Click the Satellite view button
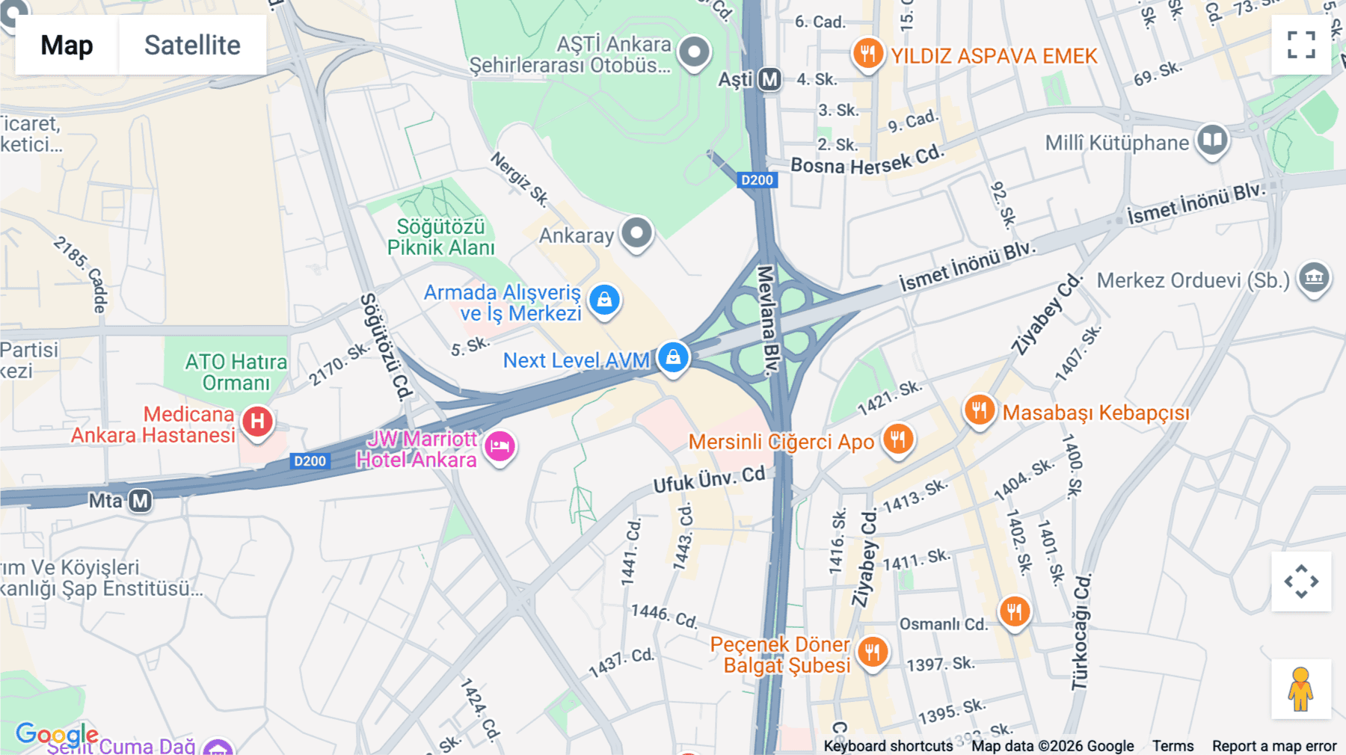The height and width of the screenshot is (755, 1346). click(192, 45)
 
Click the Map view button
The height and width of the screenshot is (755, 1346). click(67, 45)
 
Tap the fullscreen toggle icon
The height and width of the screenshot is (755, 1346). click(1301, 45)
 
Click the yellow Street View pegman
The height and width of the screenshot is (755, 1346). click(1300, 689)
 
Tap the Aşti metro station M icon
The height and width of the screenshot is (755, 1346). click(769, 79)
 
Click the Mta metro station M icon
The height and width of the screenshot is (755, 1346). click(140, 500)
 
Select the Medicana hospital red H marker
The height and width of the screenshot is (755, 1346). click(257, 422)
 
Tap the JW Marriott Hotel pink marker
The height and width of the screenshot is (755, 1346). click(500, 446)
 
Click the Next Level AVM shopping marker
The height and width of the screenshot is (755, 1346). click(673, 357)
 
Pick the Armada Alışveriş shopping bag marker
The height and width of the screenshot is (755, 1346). click(604, 300)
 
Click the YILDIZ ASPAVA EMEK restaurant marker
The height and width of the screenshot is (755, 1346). click(867, 54)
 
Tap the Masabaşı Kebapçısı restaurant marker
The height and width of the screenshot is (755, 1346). click(979, 410)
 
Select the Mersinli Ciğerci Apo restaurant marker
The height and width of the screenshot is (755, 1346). click(898, 439)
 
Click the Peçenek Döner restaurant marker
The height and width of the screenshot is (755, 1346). click(872, 652)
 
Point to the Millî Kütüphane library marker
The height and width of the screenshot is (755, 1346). click(1212, 140)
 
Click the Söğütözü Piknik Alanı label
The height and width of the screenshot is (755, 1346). click(440, 237)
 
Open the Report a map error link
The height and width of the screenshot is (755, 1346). click(1273, 746)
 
